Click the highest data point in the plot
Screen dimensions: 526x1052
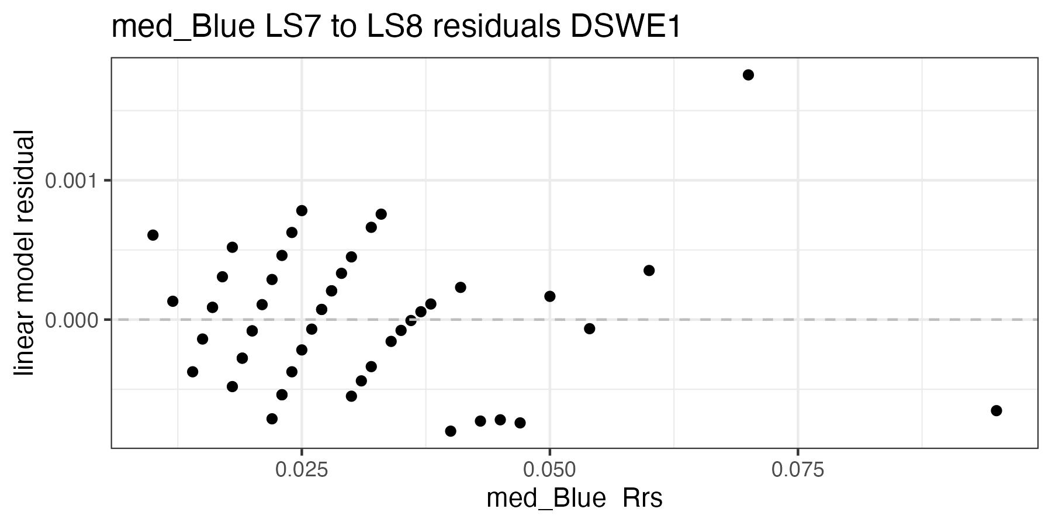pyautogui.click(x=748, y=75)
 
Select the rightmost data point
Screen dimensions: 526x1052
pyautogui.click(x=996, y=410)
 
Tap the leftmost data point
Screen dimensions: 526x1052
pyautogui.click(x=153, y=235)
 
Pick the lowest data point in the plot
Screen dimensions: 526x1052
pyautogui.click(x=451, y=431)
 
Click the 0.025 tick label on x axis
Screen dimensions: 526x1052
pyautogui.click(x=302, y=469)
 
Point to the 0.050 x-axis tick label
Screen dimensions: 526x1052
pyautogui.click(x=549, y=469)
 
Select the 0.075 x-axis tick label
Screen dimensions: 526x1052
pyautogui.click(x=798, y=469)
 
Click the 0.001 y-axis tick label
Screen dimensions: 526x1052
pyautogui.click(x=70, y=181)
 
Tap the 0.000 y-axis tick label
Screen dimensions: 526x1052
pyautogui.click(x=70, y=320)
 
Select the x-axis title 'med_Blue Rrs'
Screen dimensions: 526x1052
pyautogui.click(x=574, y=499)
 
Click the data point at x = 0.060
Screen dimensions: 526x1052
pyautogui.click(x=649, y=270)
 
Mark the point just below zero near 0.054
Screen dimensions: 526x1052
pyautogui.click(x=589, y=328)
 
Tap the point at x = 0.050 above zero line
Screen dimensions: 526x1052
pyautogui.click(x=550, y=296)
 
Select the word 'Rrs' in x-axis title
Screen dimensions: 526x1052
pyautogui.click(x=642, y=499)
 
